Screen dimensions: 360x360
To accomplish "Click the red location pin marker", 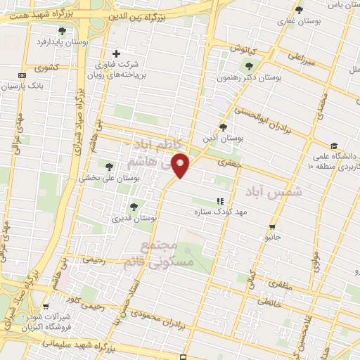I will [181, 166].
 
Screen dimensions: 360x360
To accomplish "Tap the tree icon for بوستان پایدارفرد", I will [62, 31].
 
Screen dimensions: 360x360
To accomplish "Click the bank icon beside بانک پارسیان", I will [22, 75].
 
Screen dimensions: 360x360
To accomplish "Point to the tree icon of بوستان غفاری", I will [299, 10].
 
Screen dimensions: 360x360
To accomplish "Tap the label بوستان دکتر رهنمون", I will [250, 77].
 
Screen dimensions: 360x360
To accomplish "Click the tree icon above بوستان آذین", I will [223, 127].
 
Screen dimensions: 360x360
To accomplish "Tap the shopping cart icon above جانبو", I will [272, 227].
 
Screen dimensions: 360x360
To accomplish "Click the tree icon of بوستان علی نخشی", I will [108, 167].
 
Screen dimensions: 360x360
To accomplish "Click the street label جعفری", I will [229, 162].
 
